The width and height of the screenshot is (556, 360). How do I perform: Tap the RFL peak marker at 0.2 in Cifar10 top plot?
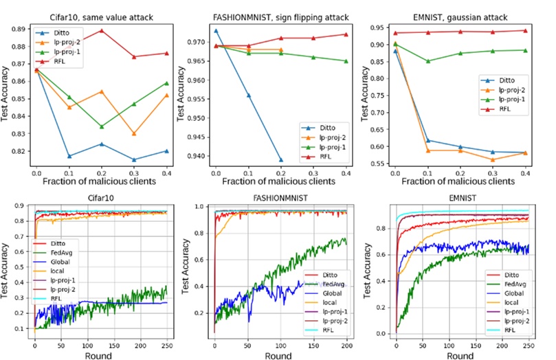(102, 30)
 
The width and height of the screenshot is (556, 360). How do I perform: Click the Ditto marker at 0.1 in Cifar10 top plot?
(69, 156)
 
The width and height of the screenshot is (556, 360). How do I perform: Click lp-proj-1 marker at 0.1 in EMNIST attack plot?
(428, 61)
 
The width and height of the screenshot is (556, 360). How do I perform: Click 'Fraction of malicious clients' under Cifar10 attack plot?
(102, 181)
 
